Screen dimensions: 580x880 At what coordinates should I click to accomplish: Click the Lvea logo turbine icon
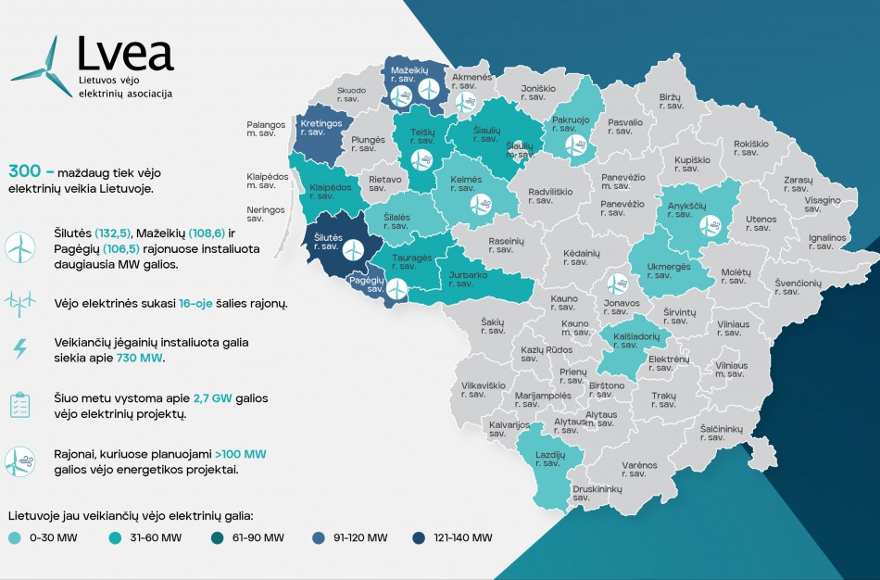[x=42, y=67]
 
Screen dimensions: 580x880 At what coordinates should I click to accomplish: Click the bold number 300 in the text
[x=23, y=171]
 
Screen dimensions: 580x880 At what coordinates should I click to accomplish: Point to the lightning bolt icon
[x=19, y=349]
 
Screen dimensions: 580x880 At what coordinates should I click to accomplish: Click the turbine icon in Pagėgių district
[x=396, y=289]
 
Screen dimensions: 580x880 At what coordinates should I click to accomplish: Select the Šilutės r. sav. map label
[x=329, y=244]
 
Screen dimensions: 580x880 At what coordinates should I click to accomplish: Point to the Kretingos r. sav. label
[x=321, y=128]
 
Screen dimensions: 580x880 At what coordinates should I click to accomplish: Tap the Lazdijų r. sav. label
[x=548, y=458]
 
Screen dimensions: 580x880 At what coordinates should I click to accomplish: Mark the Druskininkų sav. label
[x=597, y=492]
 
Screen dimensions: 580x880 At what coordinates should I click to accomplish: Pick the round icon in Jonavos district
[x=616, y=284]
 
